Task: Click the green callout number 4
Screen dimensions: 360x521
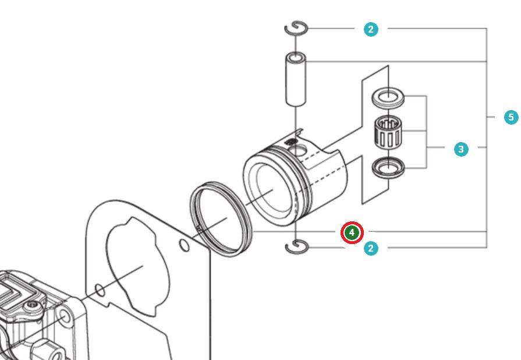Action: pyautogui.click(x=352, y=232)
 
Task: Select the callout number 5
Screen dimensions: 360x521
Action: pyautogui.click(x=511, y=117)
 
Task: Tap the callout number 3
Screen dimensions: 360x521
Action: pyautogui.click(x=460, y=149)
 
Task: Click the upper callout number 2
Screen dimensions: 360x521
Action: pyautogui.click(x=371, y=29)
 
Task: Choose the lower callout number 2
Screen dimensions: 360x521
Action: pyautogui.click(x=371, y=249)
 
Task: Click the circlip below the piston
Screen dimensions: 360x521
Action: pyautogui.click(x=296, y=248)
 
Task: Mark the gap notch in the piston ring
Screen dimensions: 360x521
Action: pyautogui.click(x=200, y=229)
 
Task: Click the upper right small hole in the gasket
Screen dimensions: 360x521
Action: pyautogui.click(x=184, y=246)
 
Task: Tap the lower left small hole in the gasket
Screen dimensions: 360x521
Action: pyautogui.click(x=100, y=288)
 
